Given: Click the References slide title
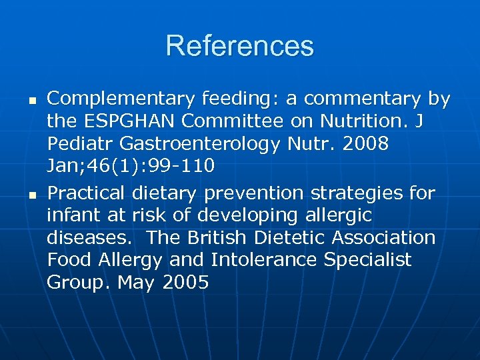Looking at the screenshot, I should (x=239, y=46).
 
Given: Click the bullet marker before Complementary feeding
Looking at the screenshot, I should (x=31, y=100).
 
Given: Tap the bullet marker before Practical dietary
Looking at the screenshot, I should (x=31, y=195).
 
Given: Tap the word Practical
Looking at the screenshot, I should (x=86, y=193).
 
